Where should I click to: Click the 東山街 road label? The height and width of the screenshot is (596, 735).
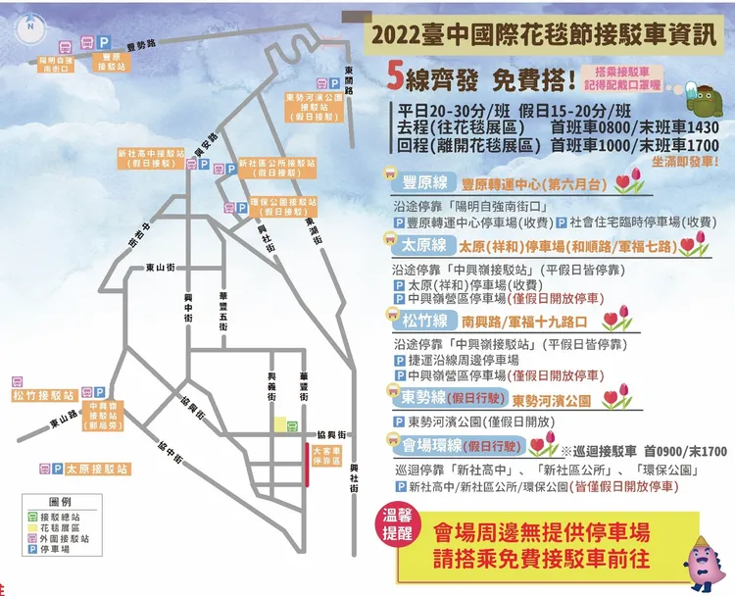[x=160, y=265]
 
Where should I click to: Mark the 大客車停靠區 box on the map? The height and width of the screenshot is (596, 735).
[x=325, y=456]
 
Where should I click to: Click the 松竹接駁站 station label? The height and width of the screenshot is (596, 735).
[x=43, y=395]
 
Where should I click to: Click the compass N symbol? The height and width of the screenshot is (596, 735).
[x=30, y=26]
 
